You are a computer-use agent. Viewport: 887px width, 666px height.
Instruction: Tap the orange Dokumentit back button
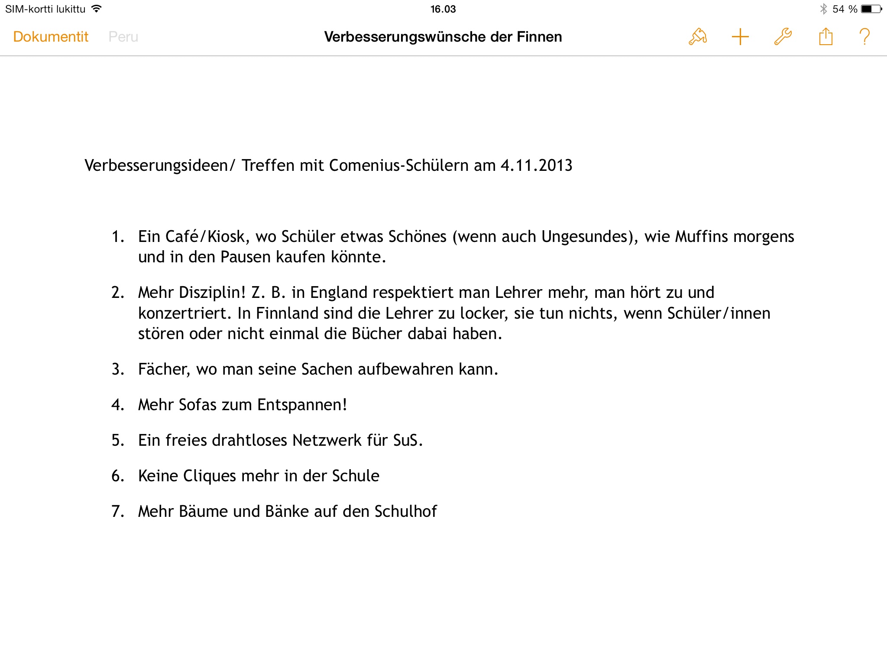51,37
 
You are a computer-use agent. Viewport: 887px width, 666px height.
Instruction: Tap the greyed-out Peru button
123,37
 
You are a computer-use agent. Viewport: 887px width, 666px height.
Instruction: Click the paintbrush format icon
697,37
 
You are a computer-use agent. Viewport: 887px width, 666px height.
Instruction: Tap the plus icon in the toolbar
740,37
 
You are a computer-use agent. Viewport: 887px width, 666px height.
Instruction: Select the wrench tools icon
783,37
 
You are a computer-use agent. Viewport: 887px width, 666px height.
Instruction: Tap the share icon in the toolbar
825,37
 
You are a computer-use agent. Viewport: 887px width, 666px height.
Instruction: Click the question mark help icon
864,37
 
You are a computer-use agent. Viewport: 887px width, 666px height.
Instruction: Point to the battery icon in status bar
871,9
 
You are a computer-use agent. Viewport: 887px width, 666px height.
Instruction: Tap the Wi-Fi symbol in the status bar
97,9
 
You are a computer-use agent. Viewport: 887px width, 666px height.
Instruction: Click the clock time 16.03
443,9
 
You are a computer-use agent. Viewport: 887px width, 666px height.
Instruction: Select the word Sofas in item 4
197,405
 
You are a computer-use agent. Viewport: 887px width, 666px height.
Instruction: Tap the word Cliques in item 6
209,476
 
